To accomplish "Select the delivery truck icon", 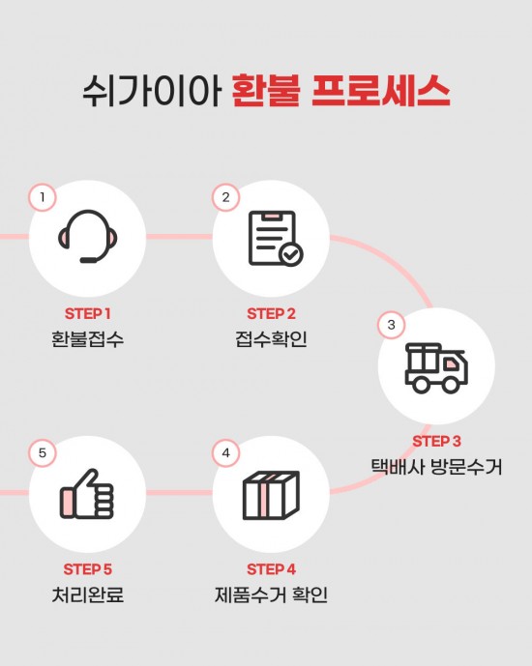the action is tap(436, 368).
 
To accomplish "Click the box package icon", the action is tap(271, 495).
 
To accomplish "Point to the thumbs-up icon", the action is tap(87, 494).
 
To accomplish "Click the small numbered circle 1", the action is tap(42, 197).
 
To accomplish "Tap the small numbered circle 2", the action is tap(225, 197).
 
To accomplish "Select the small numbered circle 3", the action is tap(392, 325).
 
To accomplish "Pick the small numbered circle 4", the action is tap(225, 452).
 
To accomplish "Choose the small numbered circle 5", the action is tap(42, 452).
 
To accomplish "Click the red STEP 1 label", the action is tap(87, 314).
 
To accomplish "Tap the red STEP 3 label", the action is tap(436, 442).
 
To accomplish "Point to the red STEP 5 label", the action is tap(87, 569).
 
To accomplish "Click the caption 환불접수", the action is tap(87, 339).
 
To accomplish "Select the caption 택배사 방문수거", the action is tap(436, 467).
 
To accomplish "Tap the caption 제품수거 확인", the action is tap(271, 594).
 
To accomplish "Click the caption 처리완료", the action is tap(87, 594).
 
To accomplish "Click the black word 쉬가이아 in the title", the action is tap(151, 91).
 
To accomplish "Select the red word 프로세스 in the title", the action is tap(381, 91).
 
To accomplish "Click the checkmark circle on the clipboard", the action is tap(291, 255).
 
